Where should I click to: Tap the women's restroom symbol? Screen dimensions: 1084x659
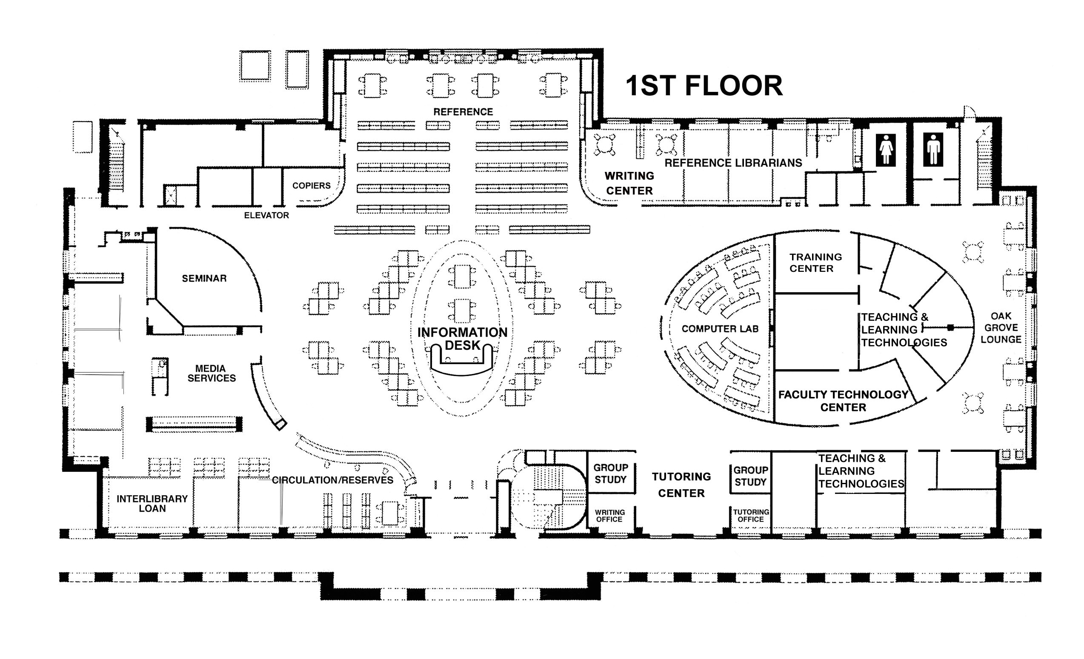(886, 149)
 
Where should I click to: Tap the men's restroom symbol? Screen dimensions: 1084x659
(933, 149)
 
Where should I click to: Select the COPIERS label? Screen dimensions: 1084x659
(312, 185)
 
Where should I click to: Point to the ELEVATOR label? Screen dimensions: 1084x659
(266, 215)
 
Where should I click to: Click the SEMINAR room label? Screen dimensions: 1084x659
(204, 278)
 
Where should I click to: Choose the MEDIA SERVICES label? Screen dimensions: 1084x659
(211, 373)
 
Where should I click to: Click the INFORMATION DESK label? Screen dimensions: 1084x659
(462, 339)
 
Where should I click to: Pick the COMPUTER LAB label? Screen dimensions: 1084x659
(720, 329)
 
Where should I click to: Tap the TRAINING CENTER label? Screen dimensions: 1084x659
(815, 262)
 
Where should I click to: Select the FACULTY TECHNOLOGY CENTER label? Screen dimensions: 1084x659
(844, 400)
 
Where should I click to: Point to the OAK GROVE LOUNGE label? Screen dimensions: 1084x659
(1001, 328)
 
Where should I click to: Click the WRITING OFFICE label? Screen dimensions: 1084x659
(610, 516)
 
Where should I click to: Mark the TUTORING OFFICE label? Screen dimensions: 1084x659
(751, 516)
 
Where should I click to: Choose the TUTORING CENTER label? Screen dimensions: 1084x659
(681, 485)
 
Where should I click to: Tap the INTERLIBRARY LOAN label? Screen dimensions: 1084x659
(152, 503)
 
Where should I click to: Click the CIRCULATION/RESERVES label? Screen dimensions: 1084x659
(332, 480)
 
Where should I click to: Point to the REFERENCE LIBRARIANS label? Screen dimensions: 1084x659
(733, 163)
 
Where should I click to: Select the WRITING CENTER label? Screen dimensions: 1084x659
(629, 183)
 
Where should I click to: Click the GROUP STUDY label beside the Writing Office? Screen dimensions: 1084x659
(611, 474)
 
